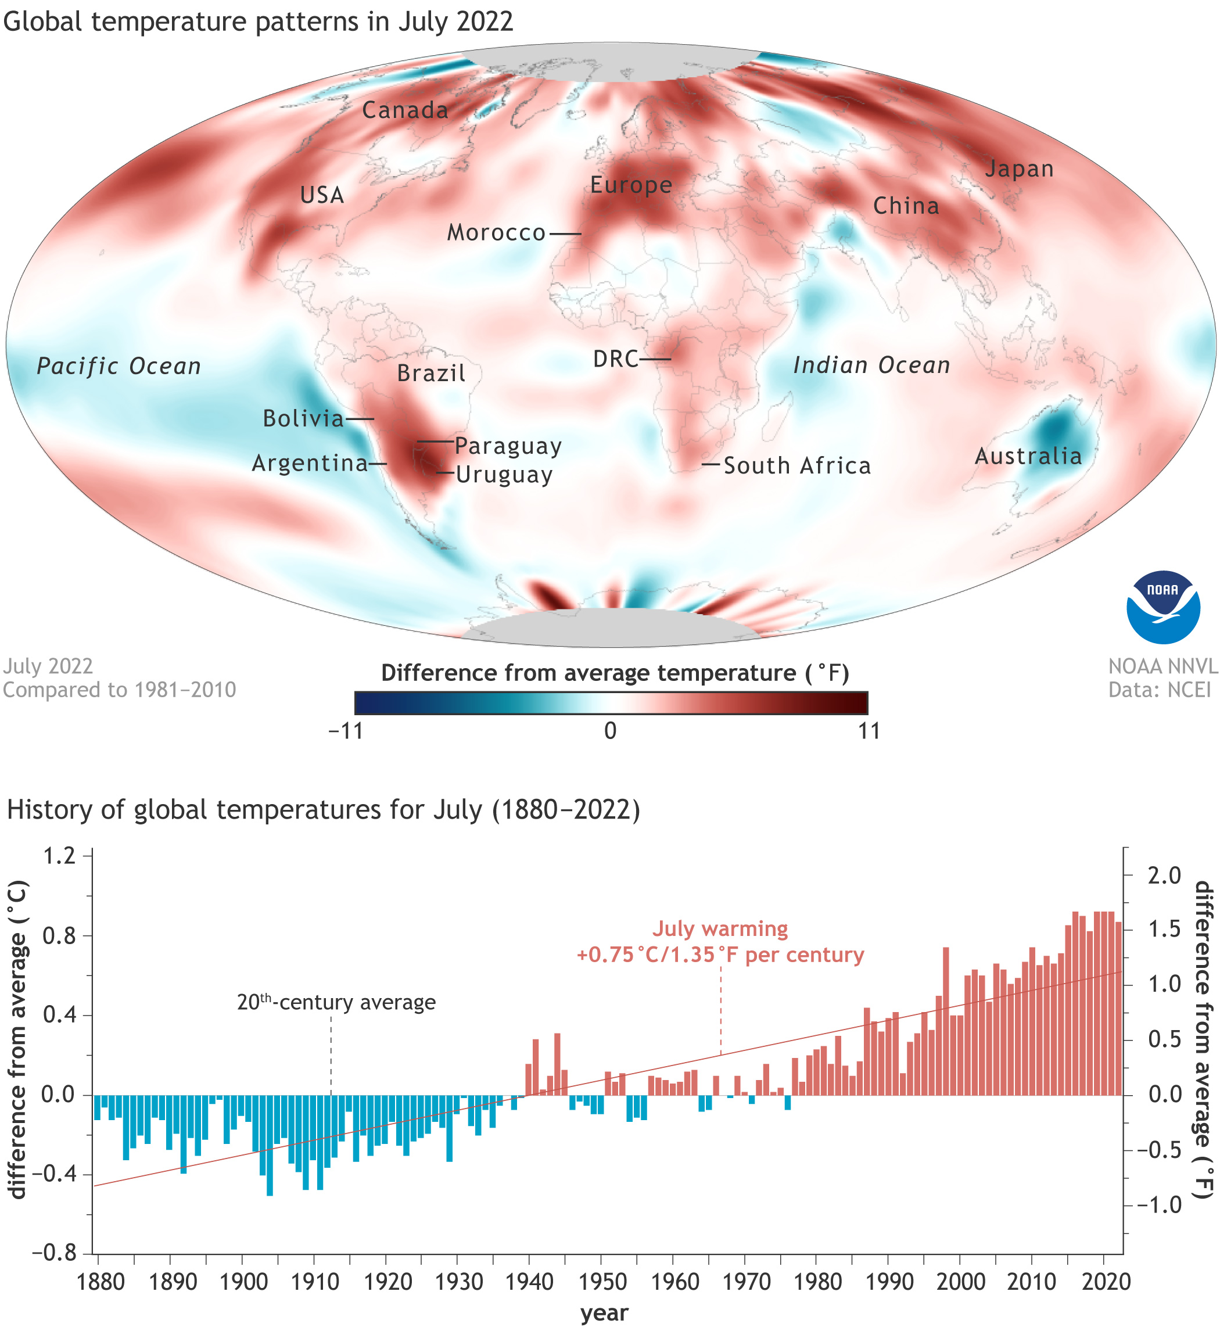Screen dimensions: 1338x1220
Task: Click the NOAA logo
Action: (1162, 607)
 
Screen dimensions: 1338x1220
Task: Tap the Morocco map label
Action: (496, 233)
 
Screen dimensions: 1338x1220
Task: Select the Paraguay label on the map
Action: (508, 446)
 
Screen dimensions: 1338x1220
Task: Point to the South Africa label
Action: (796, 466)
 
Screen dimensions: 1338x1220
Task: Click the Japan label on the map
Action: (1019, 169)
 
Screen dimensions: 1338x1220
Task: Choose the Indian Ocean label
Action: (871, 365)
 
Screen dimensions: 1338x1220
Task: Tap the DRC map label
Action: (615, 359)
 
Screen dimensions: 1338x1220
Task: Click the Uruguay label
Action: (504, 475)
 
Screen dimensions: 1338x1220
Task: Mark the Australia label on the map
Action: (1028, 456)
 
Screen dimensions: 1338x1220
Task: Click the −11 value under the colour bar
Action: (346, 731)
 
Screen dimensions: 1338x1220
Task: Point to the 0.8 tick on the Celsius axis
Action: (59, 937)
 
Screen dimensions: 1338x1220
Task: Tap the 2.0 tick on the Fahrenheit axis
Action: (1165, 876)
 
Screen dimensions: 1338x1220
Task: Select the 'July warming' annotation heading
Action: (720, 929)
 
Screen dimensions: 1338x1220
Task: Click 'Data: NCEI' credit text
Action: (1160, 690)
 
